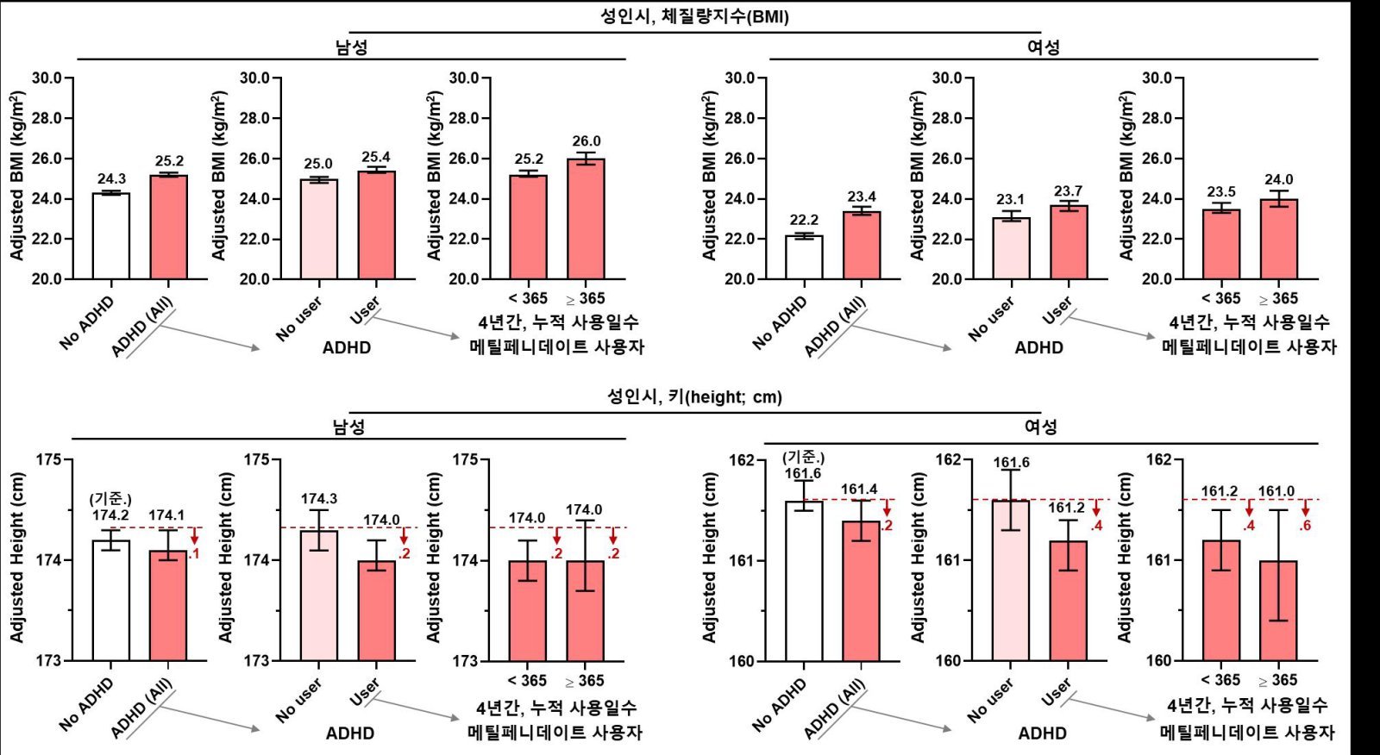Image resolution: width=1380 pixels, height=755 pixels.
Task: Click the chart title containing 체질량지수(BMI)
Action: pyautogui.click(x=694, y=16)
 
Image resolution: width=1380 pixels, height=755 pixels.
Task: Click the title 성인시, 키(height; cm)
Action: pyautogui.click(x=694, y=397)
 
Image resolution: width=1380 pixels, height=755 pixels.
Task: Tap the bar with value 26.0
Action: pyautogui.click(x=586, y=219)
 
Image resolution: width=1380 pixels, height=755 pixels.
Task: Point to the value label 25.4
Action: pyautogui.click(x=376, y=157)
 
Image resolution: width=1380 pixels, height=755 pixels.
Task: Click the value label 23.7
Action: pyautogui.click(x=1068, y=191)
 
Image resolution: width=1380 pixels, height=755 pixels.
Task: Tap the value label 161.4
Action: pyautogui.click(x=859, y=490)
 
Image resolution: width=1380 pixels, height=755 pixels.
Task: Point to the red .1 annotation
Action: pyautogui.click(x=194, y=553)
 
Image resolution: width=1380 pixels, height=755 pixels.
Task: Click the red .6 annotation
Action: pyautogui.click(x=1305, y=525)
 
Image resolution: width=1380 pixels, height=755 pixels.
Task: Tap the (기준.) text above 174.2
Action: pyautogui.click(x=110, y=499)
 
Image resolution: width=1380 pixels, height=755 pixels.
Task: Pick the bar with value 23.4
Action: pyautogui.click(x=862, y=245)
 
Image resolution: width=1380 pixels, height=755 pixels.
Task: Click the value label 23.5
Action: pyautogui.click(x=1221, y=191)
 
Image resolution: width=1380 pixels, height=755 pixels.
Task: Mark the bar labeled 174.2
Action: pyautogui.click(x=111, y=600)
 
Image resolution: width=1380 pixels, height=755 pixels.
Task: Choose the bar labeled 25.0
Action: pyautogui.click(x=319, y=229)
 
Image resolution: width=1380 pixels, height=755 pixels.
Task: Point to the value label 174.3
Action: pyautogui.click(x=319, y=499)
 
